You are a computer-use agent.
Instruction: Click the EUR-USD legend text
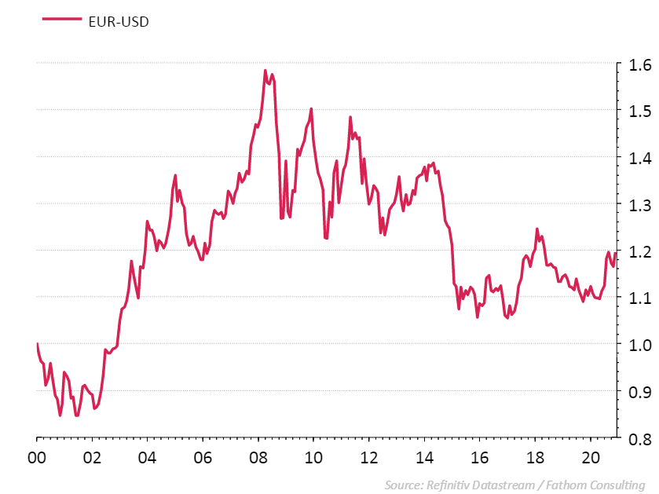pyautogui.click(x=118, y=21)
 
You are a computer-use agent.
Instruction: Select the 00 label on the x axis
pyautogui.click(x=37, y=457)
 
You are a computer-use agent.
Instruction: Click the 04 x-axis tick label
pyautogui.click(x=148, y=457)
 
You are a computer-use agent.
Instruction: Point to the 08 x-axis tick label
pyautogui.click(x=258, y=457)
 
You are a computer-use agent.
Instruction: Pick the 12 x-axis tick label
pyautogui.click(x=368, y=457)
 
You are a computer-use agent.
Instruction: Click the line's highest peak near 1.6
pyautogui.click(x=265, y=70)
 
